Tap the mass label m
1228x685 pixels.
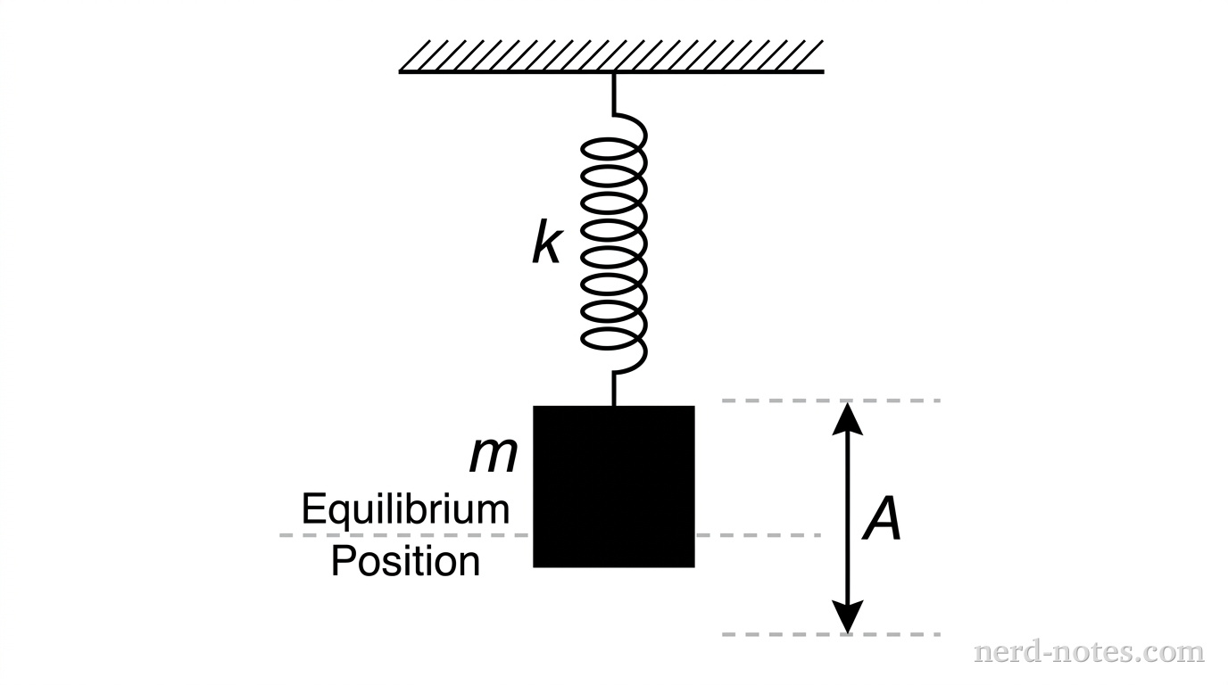tap(494, 456)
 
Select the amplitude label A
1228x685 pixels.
tap(883, 520)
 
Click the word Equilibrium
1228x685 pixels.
tap(405, 510)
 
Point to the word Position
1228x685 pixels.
tap(405, 562)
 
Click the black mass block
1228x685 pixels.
tap(614, 486)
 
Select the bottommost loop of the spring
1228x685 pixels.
tap(614, 342)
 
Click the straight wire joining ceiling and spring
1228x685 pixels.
tap(614, 93)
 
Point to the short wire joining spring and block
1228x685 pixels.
tap(614, 389)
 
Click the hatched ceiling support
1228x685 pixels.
tap(611, 55)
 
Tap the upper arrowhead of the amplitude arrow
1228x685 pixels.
tap(848, 417)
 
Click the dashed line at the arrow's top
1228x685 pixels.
tap(830, 400)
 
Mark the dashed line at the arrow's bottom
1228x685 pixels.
tap(830, 634)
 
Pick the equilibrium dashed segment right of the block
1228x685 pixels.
tap(759, 535)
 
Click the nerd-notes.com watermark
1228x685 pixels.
tap(1089, 652)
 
